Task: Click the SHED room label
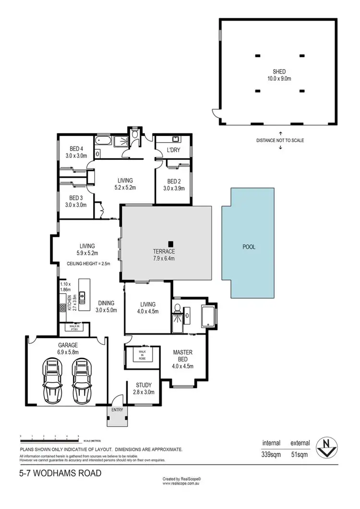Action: coord(279,72)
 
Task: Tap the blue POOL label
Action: coord(249,247)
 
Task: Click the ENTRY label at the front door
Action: coord(117,410)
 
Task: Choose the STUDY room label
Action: coord(144,385)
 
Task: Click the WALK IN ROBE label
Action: coord(142,353)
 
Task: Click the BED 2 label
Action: coord(173,181)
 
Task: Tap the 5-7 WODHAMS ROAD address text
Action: coord(60,473)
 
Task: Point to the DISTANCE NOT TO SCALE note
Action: coord(280,140)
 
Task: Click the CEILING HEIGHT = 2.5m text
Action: coord(89,264)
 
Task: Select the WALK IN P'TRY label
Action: coord(74,327)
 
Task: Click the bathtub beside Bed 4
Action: coord(103,141)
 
